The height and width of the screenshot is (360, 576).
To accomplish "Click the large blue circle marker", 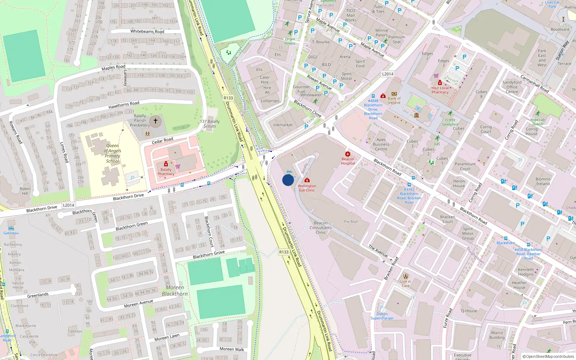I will click(288, 180).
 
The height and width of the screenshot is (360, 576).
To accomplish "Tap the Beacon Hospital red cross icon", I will click(348, 154).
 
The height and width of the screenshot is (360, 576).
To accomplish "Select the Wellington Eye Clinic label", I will click(307, 188).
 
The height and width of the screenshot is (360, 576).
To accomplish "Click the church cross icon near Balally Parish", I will click(156, 121).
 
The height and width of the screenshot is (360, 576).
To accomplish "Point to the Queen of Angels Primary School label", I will click(112, 153).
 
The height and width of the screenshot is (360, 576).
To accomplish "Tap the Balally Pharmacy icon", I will click(166, 164).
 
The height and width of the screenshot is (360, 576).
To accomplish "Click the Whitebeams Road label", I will click(147, 31).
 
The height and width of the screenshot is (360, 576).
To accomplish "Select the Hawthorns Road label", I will click(124, 105).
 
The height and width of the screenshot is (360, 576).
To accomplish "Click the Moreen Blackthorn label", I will click(175, 291).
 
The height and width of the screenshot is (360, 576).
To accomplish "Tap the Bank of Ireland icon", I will click(394, 94).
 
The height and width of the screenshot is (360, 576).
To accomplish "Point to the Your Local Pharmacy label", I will click(440, 90).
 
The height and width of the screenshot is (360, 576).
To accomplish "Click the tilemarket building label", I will click(283, 125).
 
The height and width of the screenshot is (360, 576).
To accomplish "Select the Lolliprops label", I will click(270, 101).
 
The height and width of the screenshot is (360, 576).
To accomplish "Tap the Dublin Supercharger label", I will click(382, 316).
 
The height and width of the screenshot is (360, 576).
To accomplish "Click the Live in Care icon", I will click(406, 276).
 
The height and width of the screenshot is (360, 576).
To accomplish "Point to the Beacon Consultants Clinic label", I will click(320, 228).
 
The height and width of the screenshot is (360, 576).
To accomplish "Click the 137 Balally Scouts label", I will click(210, 124).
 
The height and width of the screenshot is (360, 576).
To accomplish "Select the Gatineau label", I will click(11, 233).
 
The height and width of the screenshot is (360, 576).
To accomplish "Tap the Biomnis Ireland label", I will click(543, 181).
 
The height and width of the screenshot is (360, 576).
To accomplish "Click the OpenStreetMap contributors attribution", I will click(548, 356).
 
